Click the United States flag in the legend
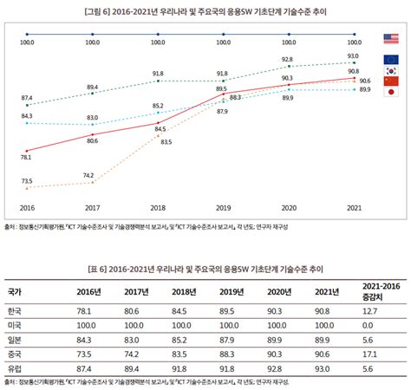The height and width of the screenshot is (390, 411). point(390,38)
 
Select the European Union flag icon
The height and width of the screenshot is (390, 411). point(390,58)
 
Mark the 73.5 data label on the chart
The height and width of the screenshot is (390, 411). point(27,180)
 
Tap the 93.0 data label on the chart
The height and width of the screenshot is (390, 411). point(353,55)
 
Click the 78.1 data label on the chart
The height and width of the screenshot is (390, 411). point(26,157)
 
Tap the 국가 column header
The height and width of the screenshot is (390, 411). point(16,291)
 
